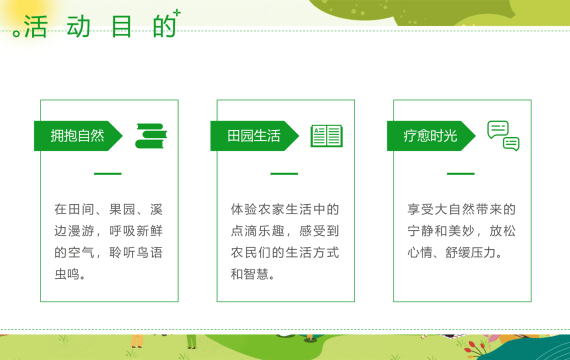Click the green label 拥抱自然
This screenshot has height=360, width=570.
(x=78, y=136)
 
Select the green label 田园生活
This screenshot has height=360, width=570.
(x=254, y=136)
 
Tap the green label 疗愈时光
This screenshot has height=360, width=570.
(x=431, y=136)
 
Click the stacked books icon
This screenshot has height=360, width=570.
(x=151, y=136)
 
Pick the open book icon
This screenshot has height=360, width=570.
(x=326, y=136)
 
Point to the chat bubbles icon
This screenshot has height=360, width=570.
(x=503, y=136)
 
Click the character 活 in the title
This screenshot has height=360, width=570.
(x=36, y=27)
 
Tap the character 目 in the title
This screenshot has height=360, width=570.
(x=121, y=27)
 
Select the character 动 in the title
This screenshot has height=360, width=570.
(x=78, y=27)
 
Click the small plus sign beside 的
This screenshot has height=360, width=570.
(x=177, y=13)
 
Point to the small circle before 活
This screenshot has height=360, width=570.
(x=16, y=33)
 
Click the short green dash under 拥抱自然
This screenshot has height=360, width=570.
(x=108, y=174)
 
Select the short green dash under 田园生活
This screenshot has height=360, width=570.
(x=284, y=174)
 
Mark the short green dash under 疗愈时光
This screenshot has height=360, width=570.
(x=461, y=174)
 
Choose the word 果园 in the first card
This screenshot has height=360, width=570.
(x=122, y=209)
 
